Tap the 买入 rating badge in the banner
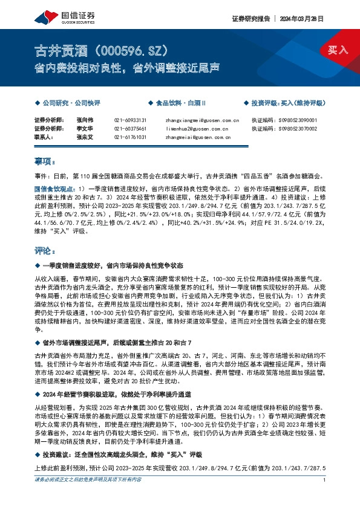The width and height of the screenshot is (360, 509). [x=338, y=50]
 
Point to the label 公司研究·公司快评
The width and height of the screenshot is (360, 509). [x=71, y=103]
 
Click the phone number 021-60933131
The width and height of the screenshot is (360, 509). [x=130, y=120]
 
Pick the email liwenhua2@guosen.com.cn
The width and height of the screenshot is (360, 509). [x=197, y=129]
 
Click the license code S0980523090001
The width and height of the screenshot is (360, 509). [x=301, y=120]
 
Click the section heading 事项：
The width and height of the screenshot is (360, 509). [x=45, y=162]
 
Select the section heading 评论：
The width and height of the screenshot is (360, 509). [x=45, y=250]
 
